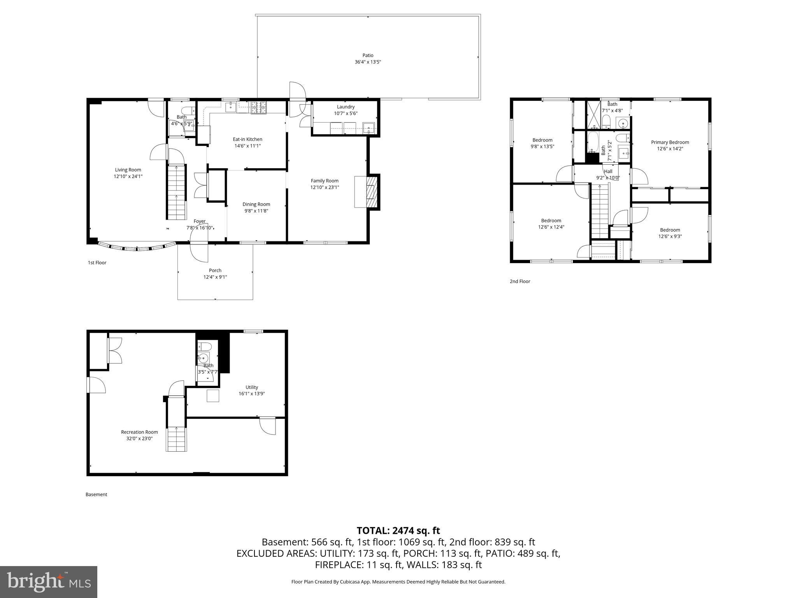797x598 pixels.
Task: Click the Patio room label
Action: click(x=368, y=55)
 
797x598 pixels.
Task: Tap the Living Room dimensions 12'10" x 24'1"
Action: click(x=128, y=176)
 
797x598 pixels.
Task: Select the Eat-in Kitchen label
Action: click(x=248, y=139)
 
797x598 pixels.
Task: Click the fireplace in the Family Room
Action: click(x=371, y=192)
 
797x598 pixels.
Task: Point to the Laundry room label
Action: click(x=346, y=107)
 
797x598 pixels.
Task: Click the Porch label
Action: click(x=215, y=270)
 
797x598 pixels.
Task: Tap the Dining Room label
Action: click(x=256, y=204)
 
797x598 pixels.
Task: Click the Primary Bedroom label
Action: click(x=670, y=142)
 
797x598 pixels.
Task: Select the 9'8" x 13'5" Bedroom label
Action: click(x=542, y=140)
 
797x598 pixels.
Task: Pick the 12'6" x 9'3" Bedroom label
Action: click(x=670, y=230)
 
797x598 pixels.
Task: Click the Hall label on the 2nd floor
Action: click(x=608, y=171)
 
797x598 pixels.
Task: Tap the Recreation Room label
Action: click(x=139, y=432)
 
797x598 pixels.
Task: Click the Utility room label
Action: click(x=252, y=387)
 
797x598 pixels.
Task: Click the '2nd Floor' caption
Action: click(x=520, y=281)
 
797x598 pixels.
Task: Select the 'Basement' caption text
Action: click(x=96, y=494)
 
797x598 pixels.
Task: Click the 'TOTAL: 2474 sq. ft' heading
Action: click(x=398, y=530)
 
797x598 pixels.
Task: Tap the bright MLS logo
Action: click(x=49, y=582)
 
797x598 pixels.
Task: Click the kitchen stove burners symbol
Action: click(x=258, y=107)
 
